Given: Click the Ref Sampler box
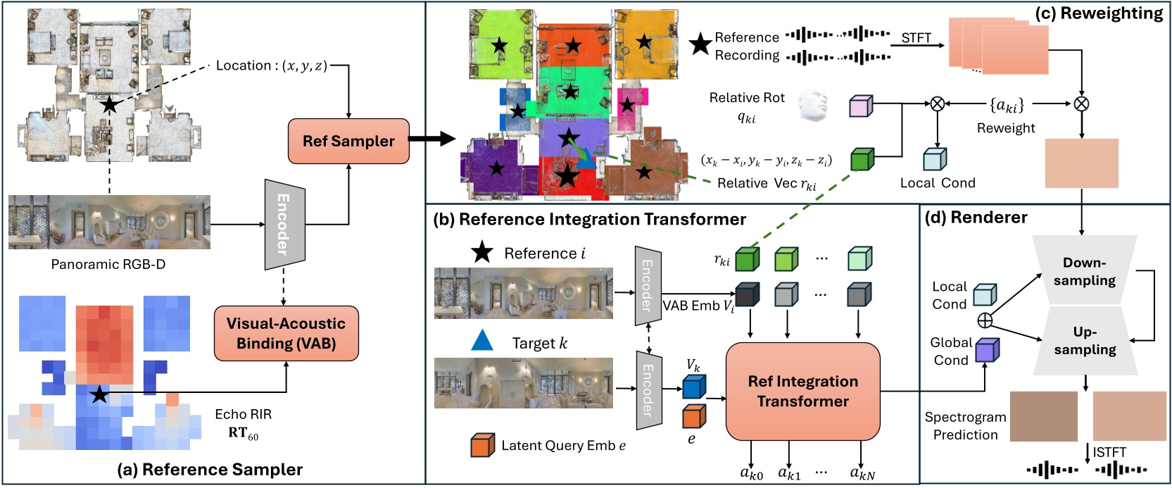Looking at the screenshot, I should tap(348, 141).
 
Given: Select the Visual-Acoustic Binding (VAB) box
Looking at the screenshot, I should tap(286, 333).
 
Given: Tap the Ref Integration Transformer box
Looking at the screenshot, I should tap(802, 391).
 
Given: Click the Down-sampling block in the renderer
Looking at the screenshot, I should tap(1084, 271).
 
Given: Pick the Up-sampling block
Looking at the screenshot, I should tap(1084, 340).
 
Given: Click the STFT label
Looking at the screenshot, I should tap(916, 38).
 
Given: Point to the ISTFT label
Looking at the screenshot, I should tap(1109, 452).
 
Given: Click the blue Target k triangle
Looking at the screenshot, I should tap(482, 342).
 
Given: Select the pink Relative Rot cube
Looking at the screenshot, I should tap(861, 106).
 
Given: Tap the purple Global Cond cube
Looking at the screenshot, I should tap(987, 350).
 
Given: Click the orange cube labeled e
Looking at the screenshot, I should tap(693, 416).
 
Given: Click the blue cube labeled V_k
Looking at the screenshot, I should tap(693, 387).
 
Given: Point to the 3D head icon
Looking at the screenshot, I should tap(813, 106).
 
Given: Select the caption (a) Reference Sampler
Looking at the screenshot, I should tap(209, 470).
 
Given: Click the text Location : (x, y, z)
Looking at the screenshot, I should tap(271, 65).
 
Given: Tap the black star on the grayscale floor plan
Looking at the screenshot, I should tap(109, 105).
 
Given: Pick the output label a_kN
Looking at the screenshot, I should tap(862, 474).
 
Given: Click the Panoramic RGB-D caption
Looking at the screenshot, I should tap(108, 264).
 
